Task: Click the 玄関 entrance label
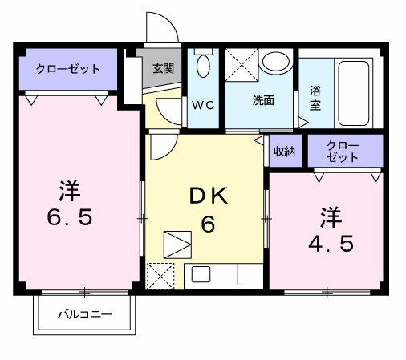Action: click(x=162, y=68)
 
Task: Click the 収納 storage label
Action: click(x=284, y=151)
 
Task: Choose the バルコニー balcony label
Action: click(x=84, y=315)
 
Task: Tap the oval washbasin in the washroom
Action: click(x=277, y=63)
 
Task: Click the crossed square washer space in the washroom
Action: click(x=239, y=63)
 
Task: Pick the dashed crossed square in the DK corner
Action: click(x=161, y=275)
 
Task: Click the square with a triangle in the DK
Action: click(x=177, y=243)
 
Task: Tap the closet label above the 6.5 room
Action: click(x=68, y=69)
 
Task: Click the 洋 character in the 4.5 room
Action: click(x=331, y=216)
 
